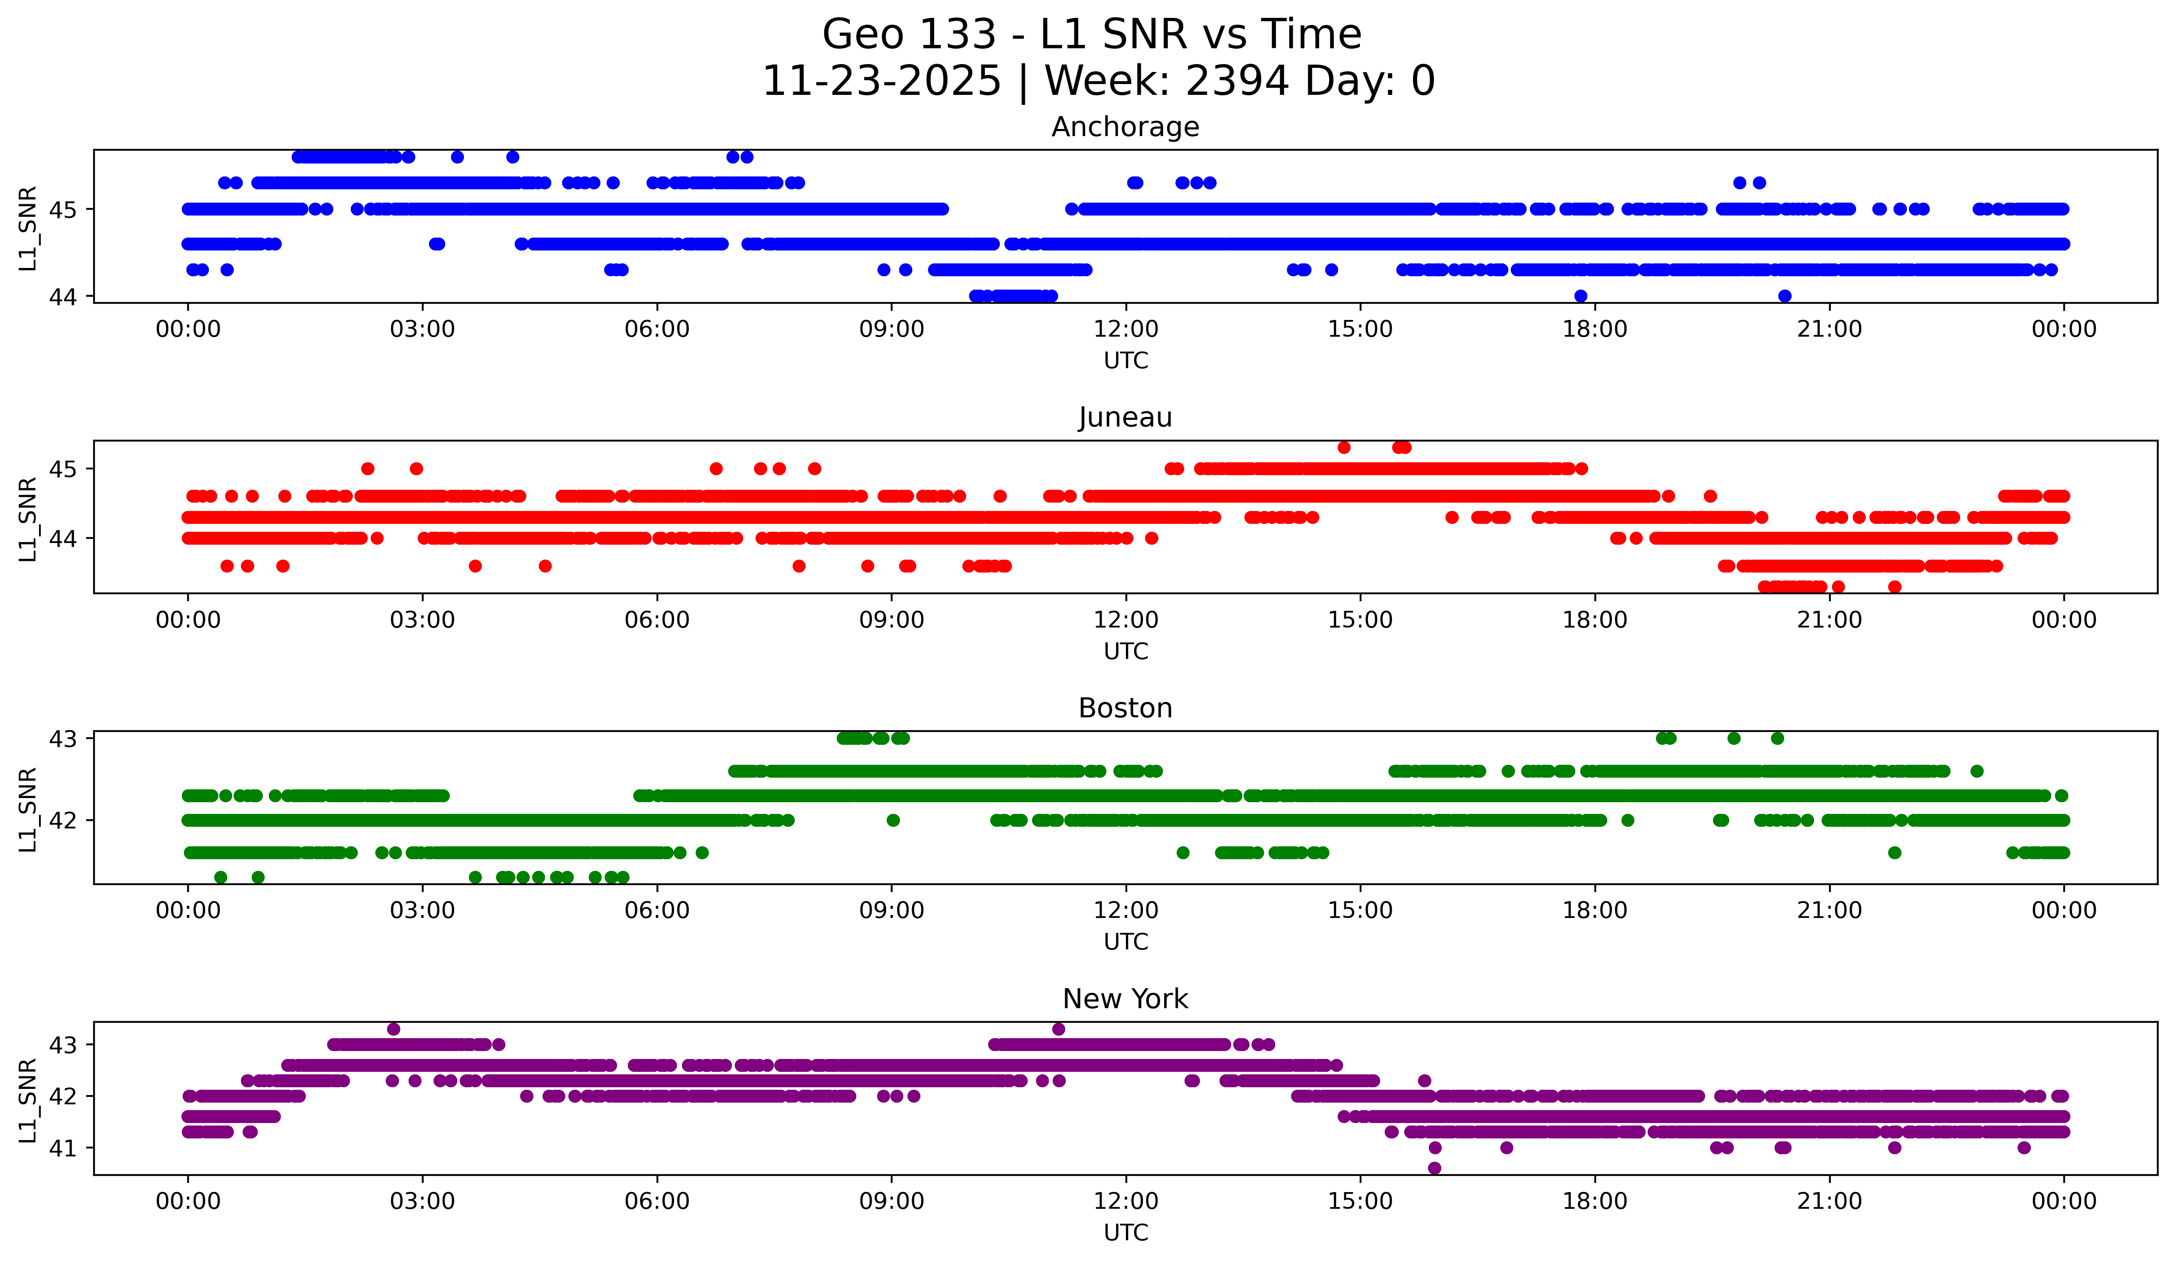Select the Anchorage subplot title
pyautogui.click(x=1125, y=127)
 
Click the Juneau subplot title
pyautogui.click(x=1125, y=417)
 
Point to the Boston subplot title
pyautogui.click(x=1125, y=708)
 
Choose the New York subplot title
pyautogui.click(x=1125, y=999)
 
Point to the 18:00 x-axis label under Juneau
pyautogui.click(x=1594, y=620)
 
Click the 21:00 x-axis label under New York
pyautogui.click(x=1829, y=1202)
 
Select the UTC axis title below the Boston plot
pyautogui.click(x=1125, y=942)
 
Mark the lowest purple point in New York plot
pyautogui.click(x=1434, y=1168)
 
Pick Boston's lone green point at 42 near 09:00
pyautogui.click(x=893, y=821)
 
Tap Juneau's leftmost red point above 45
pyautogui.click(x=1343, y=447)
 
